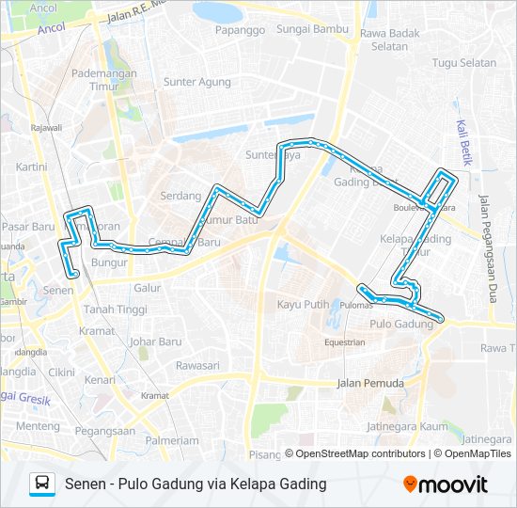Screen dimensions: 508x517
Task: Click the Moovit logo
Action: tap(445, 484)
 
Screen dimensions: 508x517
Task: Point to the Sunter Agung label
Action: tap(197, 82)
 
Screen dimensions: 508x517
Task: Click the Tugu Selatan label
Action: tap(463, 63)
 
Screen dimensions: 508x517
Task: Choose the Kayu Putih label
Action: tap(303, 304)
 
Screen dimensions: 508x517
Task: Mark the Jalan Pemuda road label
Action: tap(370, 383)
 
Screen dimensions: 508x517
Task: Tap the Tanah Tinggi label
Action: tap(116, 310)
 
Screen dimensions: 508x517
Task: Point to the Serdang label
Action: tap(181, 196)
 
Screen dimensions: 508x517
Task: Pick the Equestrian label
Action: tap(344, 342)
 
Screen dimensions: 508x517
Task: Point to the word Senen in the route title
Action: tap(82, 484)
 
